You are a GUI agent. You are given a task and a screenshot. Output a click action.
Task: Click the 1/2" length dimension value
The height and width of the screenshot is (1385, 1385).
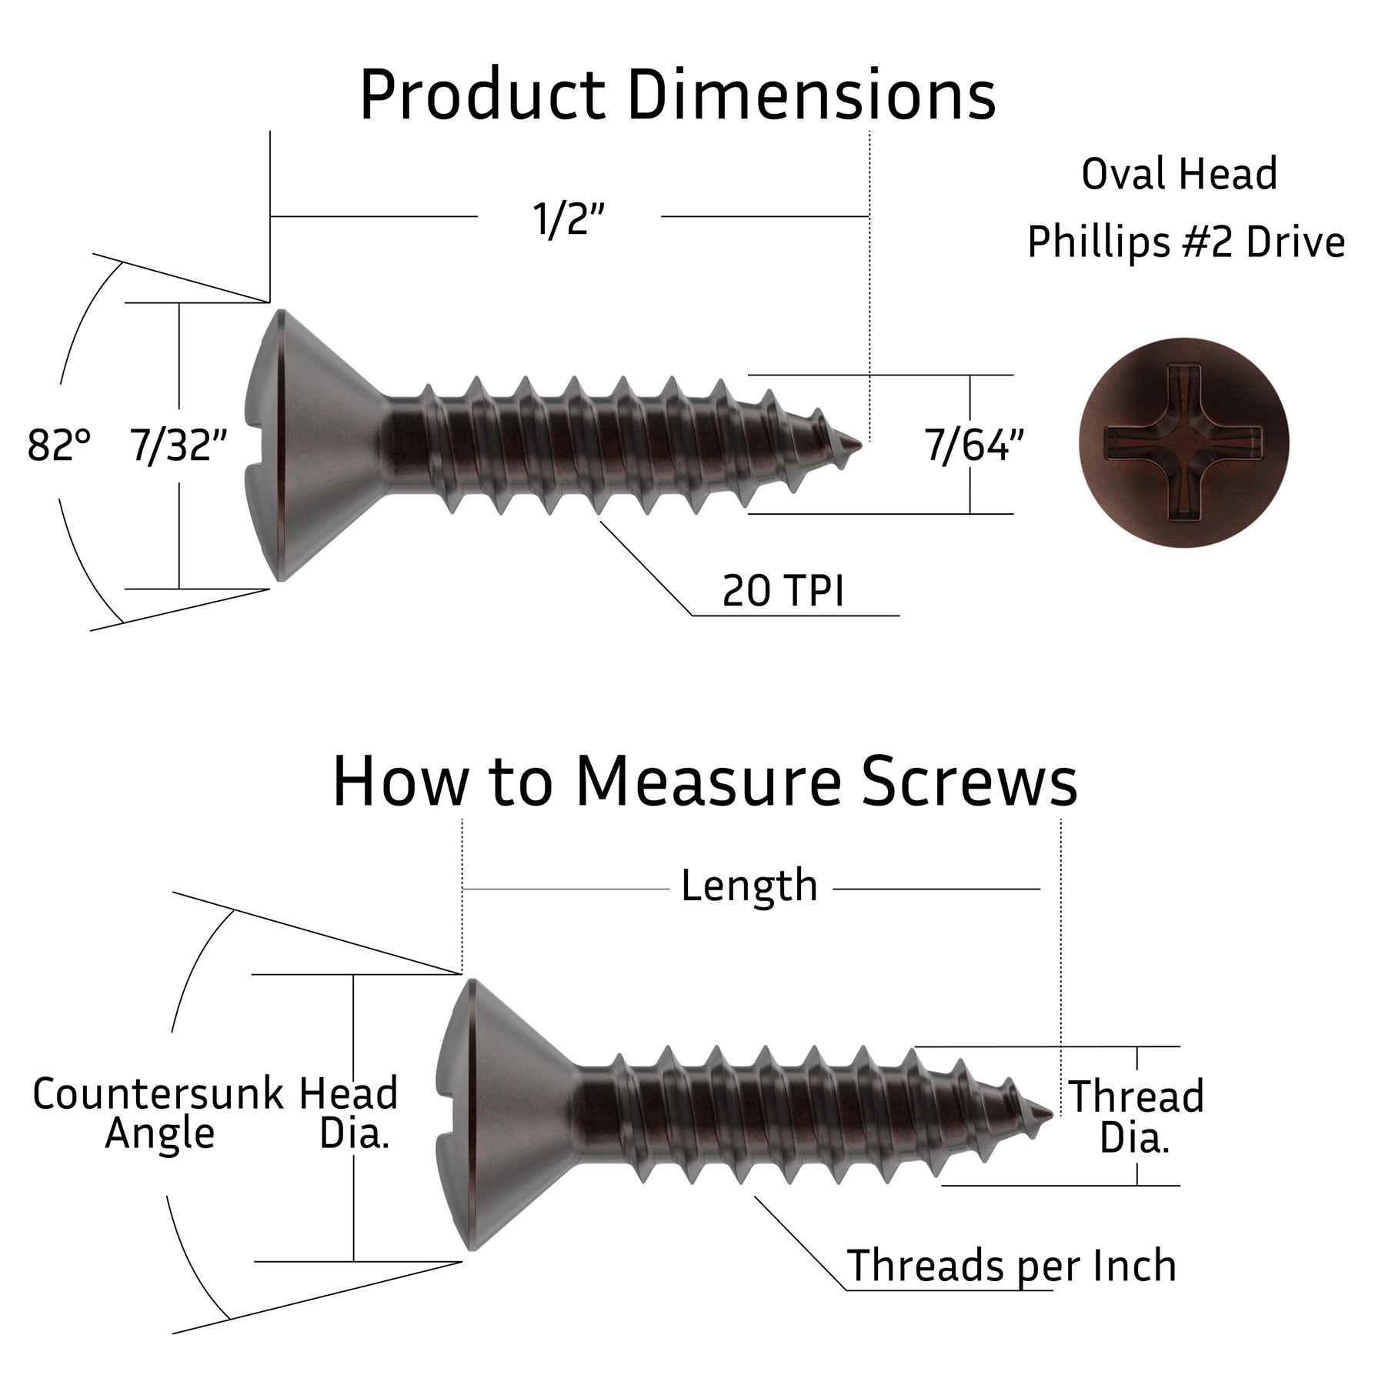(569, 219)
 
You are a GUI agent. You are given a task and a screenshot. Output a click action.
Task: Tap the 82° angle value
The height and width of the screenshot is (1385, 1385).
(58, 446)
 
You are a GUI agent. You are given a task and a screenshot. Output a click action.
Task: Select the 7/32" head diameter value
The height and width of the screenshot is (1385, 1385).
(179, 446)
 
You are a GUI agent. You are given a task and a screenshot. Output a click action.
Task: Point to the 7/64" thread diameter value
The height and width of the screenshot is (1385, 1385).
(973, 446)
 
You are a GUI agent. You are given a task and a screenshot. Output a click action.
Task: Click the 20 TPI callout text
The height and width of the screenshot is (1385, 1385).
(783, 591)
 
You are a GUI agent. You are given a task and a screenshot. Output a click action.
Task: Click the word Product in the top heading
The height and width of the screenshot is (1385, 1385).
(482, 96)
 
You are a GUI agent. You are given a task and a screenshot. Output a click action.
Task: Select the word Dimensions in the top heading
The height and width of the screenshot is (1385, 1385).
(812, 96)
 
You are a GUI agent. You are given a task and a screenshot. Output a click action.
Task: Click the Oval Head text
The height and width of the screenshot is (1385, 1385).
(1179, 174)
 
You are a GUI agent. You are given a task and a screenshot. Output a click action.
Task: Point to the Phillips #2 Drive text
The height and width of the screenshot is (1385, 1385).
(1186, 242)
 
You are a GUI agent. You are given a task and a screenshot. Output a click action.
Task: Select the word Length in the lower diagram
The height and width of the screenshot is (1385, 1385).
(749, 886)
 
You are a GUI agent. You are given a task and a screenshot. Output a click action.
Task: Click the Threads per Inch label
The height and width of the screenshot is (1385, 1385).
(1011, 1266)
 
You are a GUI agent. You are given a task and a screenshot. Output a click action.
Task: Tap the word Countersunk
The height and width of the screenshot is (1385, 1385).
(158, 1094)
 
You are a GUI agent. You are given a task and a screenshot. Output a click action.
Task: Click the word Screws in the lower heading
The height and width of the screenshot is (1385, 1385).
(969, 782)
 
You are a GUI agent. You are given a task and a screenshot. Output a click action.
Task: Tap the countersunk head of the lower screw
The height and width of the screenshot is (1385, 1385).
(500, 1113)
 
